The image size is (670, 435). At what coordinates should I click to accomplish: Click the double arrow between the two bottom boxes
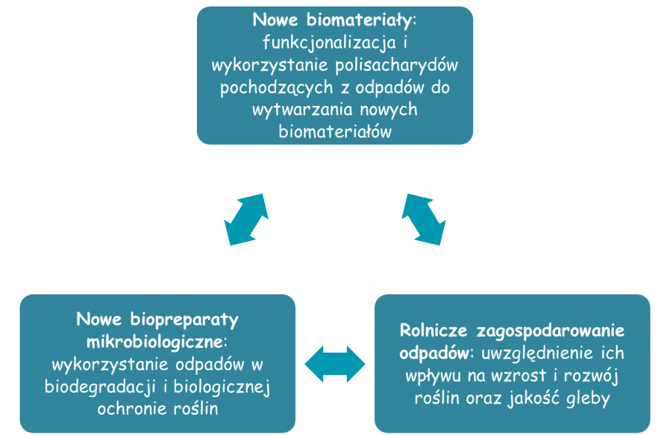pos(335,364)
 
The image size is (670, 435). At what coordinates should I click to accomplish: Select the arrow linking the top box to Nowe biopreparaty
pos(247,220)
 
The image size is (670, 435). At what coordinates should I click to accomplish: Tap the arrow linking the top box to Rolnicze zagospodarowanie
pos(423,220)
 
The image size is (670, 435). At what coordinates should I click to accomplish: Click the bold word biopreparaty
pos(184,320)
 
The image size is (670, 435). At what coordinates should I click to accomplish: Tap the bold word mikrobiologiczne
pos(155,342)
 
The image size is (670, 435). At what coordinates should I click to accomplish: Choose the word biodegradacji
pos(99,387)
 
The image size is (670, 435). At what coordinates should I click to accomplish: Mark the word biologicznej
pos(221,387)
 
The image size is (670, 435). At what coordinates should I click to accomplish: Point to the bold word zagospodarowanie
pos(550,331)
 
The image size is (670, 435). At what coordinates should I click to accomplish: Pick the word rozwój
pos(591,376)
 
